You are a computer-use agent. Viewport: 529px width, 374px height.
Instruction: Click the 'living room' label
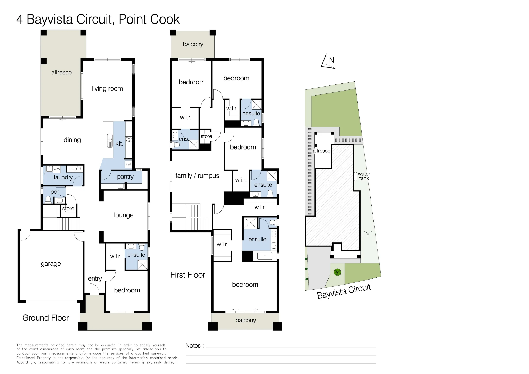pos(107,89)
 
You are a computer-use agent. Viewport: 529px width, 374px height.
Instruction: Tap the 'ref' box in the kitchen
pos(128,164)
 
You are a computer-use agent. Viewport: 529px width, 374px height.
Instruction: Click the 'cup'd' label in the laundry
pos(75,169)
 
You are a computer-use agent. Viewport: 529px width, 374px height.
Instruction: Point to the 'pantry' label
pos(125,177)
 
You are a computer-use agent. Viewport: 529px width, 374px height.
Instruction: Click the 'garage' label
pos(51,264)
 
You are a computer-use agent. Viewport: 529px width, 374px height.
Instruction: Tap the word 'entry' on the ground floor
pos(95,278)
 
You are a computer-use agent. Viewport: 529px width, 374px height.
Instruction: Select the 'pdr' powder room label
pos(55,192)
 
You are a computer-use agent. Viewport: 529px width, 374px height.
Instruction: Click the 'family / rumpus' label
pos(197,176)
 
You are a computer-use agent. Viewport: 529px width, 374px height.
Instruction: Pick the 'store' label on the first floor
pos(206,136)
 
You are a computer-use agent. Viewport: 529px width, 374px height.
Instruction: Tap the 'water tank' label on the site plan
pos(364,176)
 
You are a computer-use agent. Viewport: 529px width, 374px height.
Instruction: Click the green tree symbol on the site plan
pos(337,272)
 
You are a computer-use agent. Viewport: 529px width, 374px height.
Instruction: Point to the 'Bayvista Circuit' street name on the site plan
pos(344,291)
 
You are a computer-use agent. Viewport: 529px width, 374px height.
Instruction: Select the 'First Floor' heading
pos(188,275)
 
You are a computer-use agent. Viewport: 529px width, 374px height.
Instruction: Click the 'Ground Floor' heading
pos(46,318)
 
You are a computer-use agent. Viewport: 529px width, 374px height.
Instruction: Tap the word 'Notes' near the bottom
pos(193,346)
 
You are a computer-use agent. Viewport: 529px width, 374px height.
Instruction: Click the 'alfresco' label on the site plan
pos(322,151)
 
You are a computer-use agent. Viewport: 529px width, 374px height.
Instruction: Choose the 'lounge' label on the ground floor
pos(124,215)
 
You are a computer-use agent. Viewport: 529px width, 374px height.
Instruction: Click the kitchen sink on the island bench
pos(110,141)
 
